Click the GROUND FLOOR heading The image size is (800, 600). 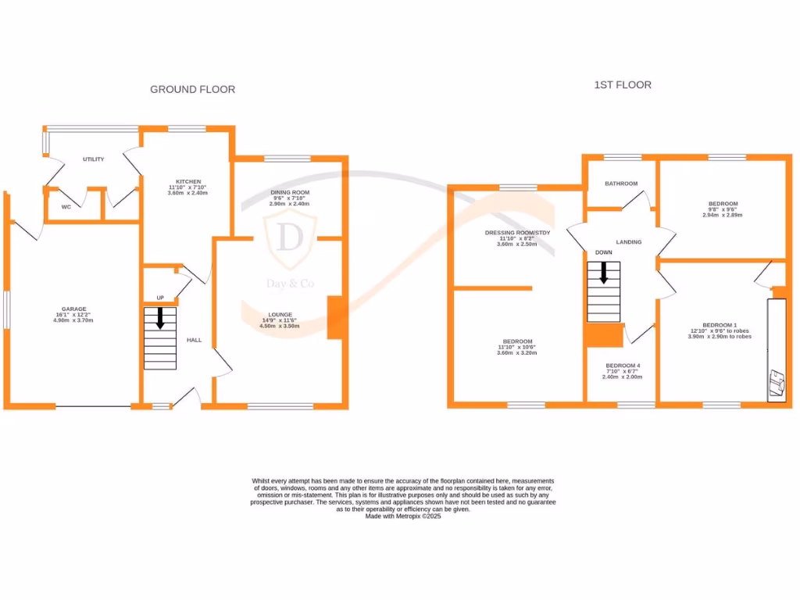pos(192,90)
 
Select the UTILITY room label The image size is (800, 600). pos(94,159)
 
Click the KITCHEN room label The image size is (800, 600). pos(188,181)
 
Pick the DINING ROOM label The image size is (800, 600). pos(290,192)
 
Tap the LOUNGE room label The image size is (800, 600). pos(279,314)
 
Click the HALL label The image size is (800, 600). pos(194,340)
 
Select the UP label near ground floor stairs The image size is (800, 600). pos(161,298)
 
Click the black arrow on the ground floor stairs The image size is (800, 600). pos(160,318)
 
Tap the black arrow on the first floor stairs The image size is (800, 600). pos(604,273)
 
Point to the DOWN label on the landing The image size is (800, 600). pos(603,253)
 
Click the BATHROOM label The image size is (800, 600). pos(621,184)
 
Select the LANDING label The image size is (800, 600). pos(629,242)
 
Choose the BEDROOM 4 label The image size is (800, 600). pos(623,366)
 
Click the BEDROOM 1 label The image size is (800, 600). pos(720,325)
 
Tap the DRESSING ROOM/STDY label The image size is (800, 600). pos(518,233)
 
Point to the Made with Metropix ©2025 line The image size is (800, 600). pos(403,516)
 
